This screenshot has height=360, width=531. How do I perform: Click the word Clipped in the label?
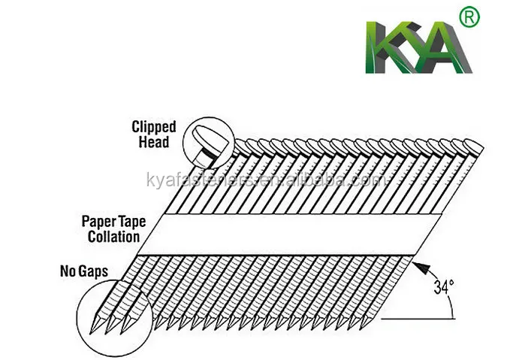[155, 127]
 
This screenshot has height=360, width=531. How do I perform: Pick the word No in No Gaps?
[67, 268]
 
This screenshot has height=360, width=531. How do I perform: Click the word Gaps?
[90, 268]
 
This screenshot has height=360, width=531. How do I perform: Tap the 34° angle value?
[442, 286]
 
